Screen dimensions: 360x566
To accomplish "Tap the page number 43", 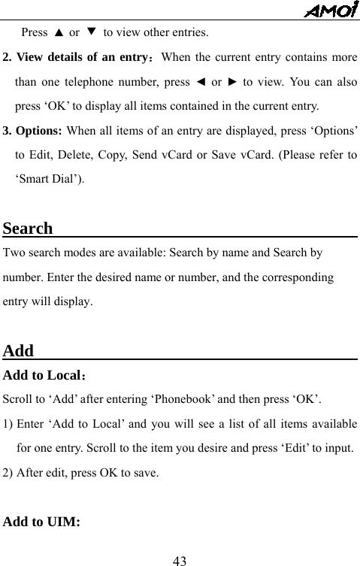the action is point(180,559).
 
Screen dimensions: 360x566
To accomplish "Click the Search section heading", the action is point(29,229).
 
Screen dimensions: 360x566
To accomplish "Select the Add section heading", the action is point(19,351).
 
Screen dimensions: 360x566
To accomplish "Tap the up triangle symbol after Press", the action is point(58,33).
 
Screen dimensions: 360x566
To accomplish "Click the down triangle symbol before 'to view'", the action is point(92,33).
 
